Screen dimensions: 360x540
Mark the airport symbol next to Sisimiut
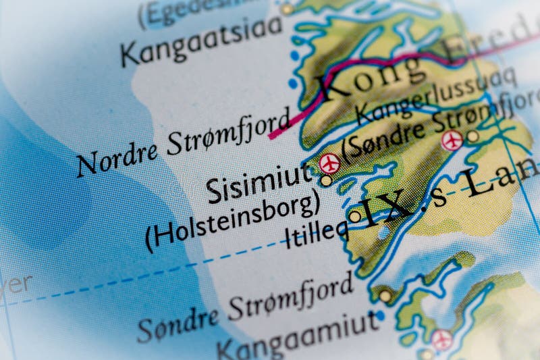click(x=330, y=163)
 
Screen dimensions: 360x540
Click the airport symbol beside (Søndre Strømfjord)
click(x=452, y=140)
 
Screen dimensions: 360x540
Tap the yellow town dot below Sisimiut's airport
click(x=327, y=180)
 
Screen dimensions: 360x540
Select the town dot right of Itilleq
click(x=355, y=217)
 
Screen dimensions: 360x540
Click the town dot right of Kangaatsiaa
click(x=288, y=9)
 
